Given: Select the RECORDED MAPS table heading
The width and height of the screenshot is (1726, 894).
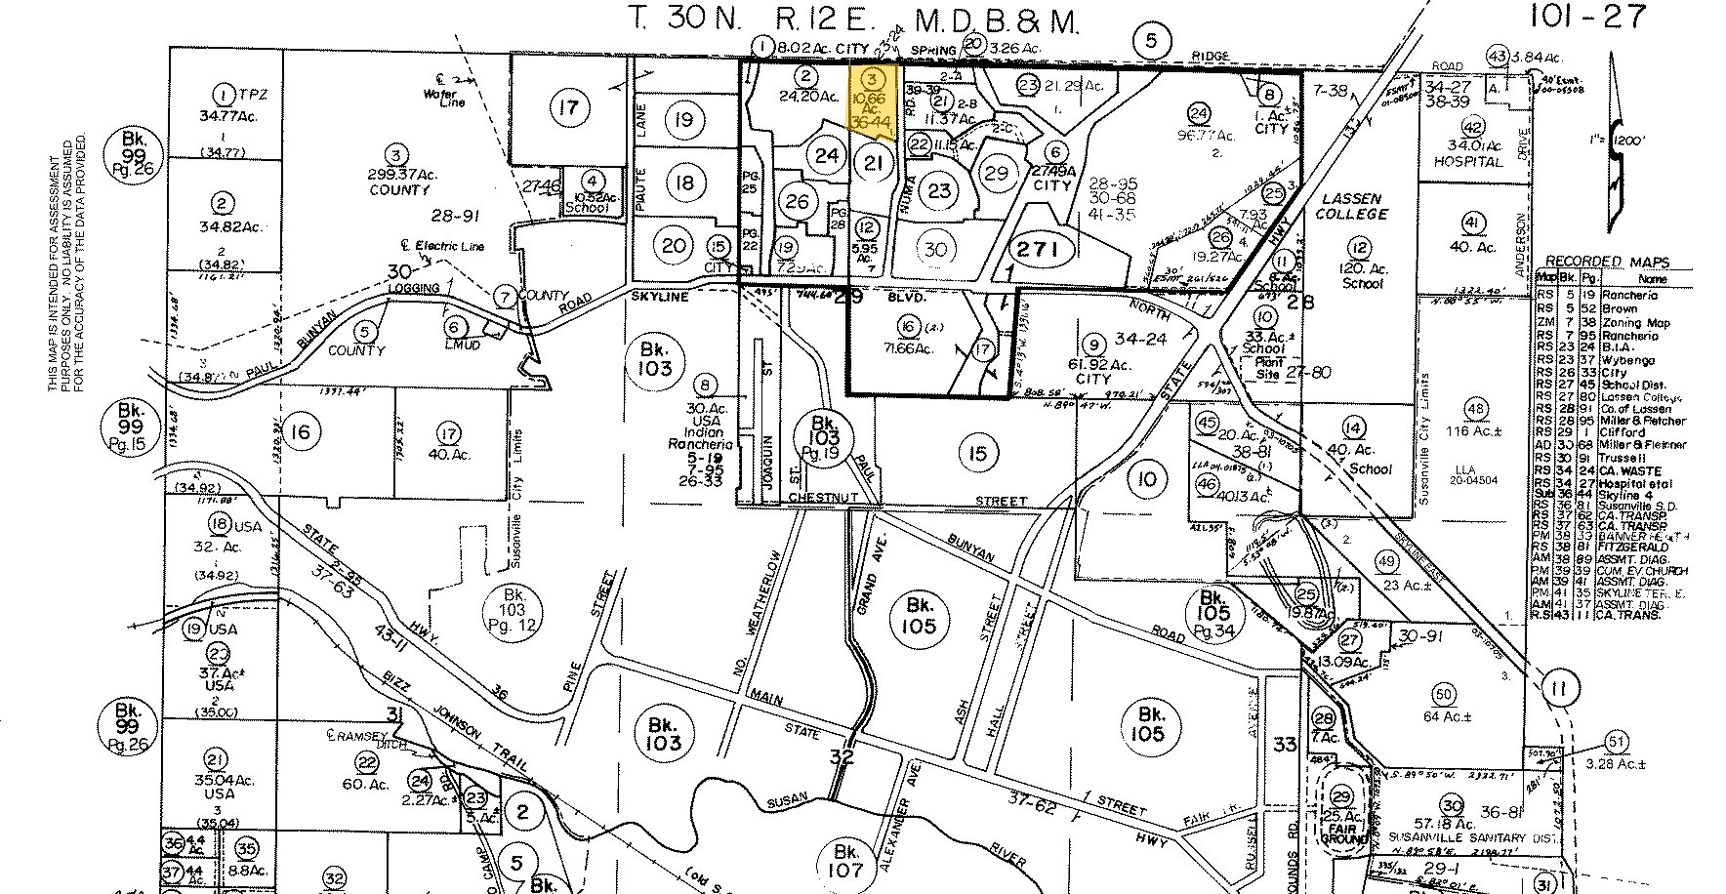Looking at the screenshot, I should point(1606,262).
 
